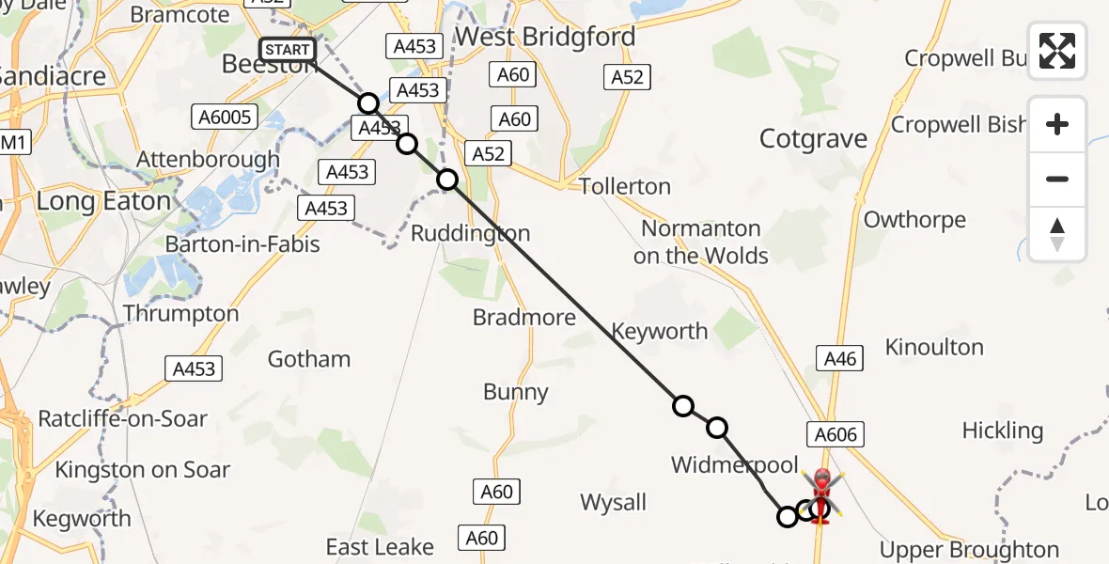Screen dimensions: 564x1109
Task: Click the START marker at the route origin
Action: pos(287,50)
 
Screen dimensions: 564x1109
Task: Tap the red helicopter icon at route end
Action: pos(821,493)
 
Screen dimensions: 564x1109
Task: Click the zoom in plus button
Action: pos(1057,124)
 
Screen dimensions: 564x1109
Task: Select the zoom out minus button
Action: pos(1057,179)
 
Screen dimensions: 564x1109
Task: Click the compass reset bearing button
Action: pos(1057,233)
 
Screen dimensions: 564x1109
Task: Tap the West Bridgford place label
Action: pos(545,38)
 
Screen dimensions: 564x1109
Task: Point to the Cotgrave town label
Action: pos(813,139)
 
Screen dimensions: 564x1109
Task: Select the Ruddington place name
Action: pos(471,233)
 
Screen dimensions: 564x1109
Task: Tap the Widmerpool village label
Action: pos(734,464)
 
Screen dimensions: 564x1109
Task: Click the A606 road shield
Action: pos(835,433)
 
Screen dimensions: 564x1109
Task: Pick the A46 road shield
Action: pos(840,357)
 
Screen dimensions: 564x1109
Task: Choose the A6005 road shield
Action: pos(226,117)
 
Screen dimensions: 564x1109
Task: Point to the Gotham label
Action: pos(309,359)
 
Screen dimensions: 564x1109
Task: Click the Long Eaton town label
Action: pos(103,201)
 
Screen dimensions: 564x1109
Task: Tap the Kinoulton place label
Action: pos(934,348)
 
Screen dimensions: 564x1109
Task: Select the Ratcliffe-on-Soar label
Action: pos(122,419)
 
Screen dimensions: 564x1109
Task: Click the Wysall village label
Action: pos(614,502)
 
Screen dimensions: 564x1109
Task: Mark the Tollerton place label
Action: pos(625,186)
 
